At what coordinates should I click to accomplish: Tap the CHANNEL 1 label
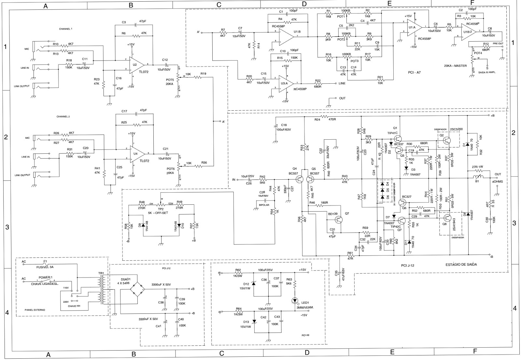66,29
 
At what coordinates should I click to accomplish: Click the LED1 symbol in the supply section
295,300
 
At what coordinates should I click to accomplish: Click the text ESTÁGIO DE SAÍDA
461,264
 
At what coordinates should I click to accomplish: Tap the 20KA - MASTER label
455,65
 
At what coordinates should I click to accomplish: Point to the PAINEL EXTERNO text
35,310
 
